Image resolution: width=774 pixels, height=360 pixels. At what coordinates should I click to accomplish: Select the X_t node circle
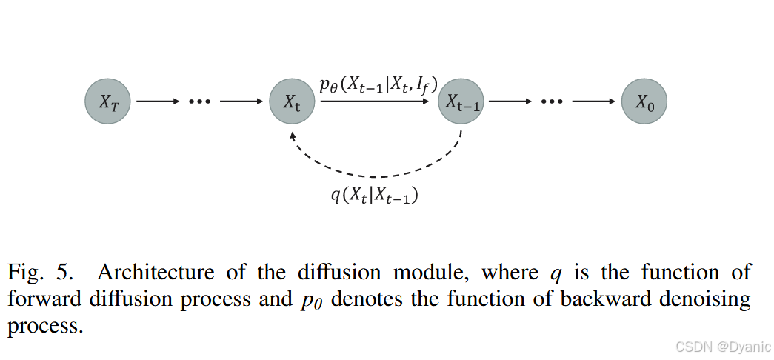click(292, 101)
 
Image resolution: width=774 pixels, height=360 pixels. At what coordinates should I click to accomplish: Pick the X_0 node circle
click(644, 101)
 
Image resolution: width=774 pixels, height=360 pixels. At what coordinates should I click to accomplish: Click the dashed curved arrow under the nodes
click(378, 175)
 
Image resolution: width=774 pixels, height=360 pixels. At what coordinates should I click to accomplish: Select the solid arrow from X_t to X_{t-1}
click(376, 102)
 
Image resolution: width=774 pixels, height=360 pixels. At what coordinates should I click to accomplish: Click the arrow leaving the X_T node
click(156, 102)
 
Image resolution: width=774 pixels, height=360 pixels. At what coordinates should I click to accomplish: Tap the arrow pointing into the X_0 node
click(595, 102)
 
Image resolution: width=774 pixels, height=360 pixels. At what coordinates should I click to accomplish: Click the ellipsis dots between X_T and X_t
click(199, 102)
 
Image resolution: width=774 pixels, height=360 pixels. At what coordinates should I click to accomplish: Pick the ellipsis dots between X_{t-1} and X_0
click(552, 102)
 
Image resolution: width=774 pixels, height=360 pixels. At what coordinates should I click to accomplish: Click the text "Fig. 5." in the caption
click(41, 273)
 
